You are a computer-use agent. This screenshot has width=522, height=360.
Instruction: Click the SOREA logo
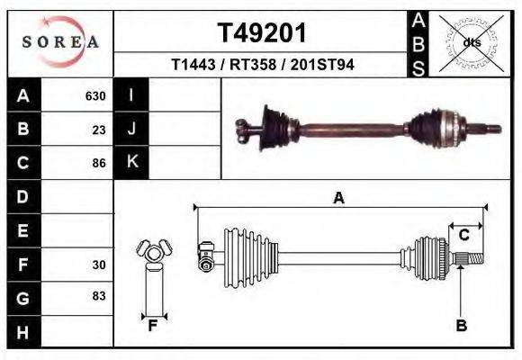click(60, 42)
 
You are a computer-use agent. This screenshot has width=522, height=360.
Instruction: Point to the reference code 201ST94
click(320, 64)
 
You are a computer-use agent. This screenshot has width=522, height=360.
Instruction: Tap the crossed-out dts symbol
click(472, 42)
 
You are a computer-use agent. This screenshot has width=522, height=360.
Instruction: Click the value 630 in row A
click(95, 96)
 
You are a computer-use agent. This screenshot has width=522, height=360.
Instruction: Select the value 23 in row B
click(99, 130)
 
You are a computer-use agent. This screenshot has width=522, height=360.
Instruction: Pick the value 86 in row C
click(99, 164)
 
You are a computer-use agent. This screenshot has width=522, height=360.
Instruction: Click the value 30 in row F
click(99, 265)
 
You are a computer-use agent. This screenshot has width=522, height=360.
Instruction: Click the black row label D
click(22, 196)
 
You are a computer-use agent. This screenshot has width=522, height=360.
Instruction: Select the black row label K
click(131, 163)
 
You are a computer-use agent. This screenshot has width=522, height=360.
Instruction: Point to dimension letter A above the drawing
click(338, 198)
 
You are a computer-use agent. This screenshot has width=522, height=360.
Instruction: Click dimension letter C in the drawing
click(463, 236)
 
